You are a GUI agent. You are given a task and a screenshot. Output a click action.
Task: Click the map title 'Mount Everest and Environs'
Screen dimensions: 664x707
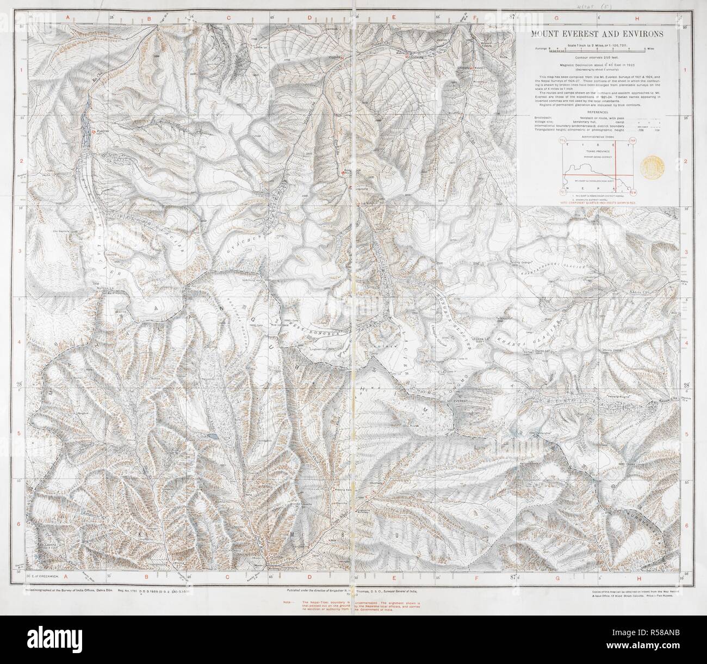coord(593,34)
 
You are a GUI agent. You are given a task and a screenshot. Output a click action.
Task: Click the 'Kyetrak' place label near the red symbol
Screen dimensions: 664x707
coord(103,132)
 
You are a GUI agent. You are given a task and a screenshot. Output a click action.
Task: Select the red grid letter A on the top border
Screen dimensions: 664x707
coord(68,18)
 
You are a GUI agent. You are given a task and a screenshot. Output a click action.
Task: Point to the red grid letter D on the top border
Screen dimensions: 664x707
coord(309,18)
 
